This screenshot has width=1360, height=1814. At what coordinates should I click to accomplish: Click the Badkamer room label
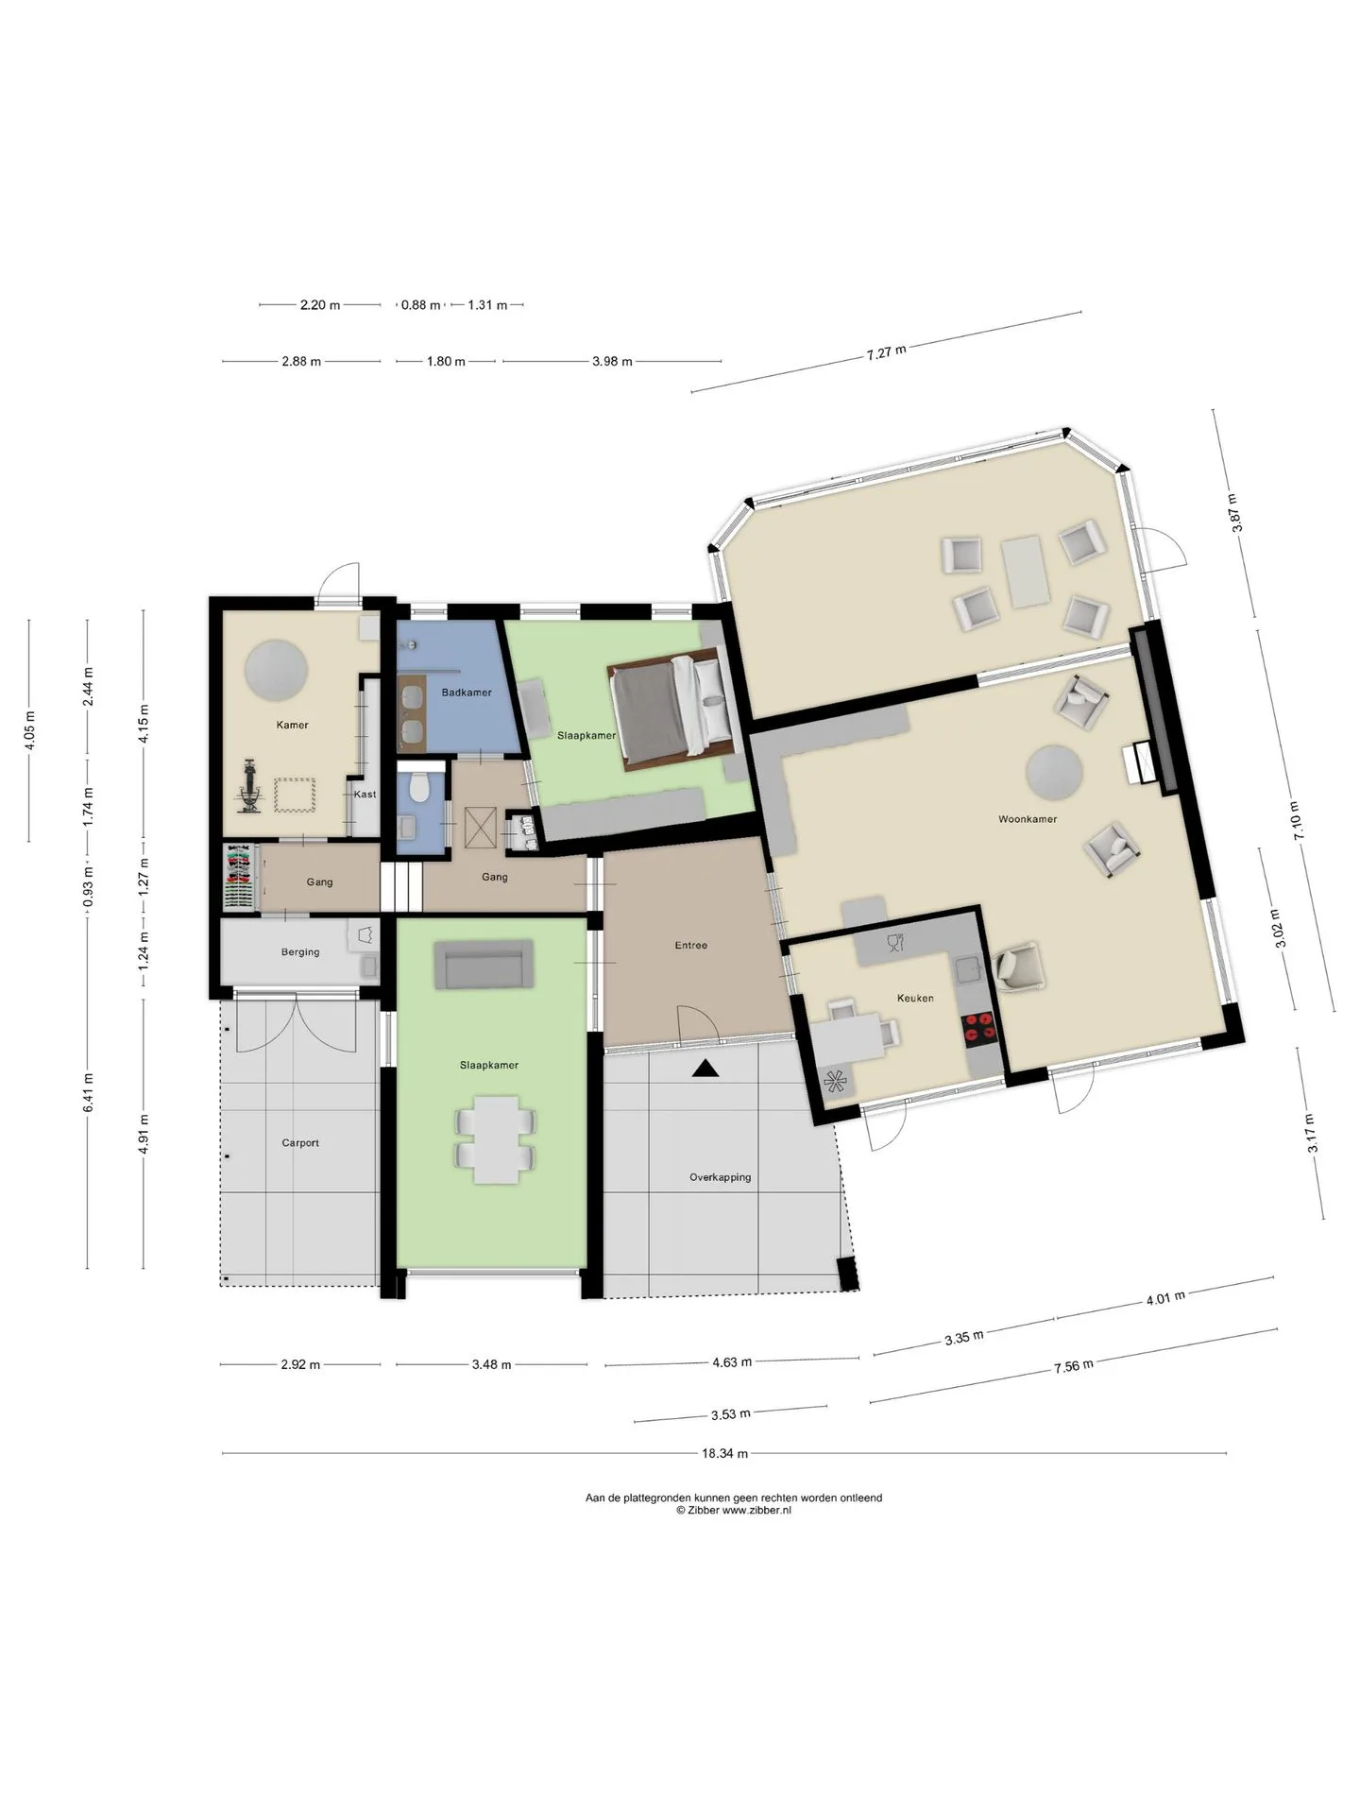pos(467,693)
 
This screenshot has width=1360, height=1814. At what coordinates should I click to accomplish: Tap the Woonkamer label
pos(1028,819)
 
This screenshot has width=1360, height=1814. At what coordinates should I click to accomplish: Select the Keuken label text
pos(915,998)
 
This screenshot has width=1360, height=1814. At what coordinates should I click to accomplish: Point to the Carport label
pos(300,1143)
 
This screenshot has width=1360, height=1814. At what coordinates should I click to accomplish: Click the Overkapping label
pos(720,1177)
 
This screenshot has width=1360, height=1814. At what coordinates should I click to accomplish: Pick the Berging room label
pos(300,952)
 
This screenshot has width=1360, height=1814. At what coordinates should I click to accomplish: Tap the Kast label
pos(365,795)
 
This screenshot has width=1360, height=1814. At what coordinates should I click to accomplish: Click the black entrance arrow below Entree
pos(705,1069)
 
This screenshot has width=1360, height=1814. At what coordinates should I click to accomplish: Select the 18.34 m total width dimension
pos(725,1454)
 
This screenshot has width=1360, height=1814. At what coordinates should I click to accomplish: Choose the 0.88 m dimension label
pos(420,305)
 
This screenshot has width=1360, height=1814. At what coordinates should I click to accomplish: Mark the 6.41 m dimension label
pos(88,1093)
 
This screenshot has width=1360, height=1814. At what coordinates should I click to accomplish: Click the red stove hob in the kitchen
pos(979,1028)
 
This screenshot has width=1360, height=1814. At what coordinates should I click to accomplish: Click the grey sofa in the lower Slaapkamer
pos(483,965)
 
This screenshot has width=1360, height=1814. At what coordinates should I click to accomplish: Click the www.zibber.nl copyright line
pos(734,1511)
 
